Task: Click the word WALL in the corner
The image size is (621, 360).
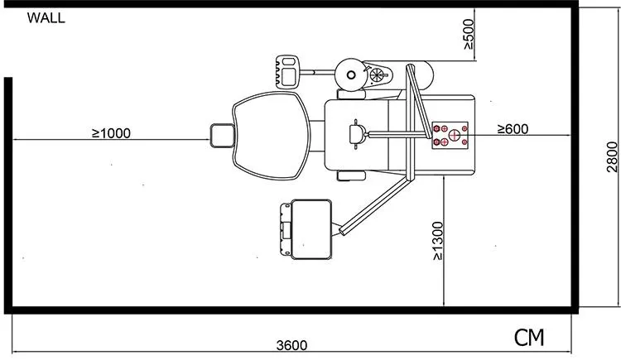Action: tap(46, 18)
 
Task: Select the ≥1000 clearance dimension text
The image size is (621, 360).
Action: tap(111, 133)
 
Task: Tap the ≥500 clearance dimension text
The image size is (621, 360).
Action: tap(468, 35)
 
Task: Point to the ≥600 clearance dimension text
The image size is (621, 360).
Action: tap(513, 129)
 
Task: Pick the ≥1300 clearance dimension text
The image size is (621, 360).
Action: tap(438, 241)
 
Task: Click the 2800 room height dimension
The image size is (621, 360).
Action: tap(612, 157)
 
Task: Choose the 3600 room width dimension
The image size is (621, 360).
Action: tap(292, 345)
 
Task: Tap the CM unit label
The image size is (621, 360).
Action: tap(529, 338)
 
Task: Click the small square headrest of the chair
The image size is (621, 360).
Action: tap(222, 136)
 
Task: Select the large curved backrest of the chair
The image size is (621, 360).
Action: tap(272, 135)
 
